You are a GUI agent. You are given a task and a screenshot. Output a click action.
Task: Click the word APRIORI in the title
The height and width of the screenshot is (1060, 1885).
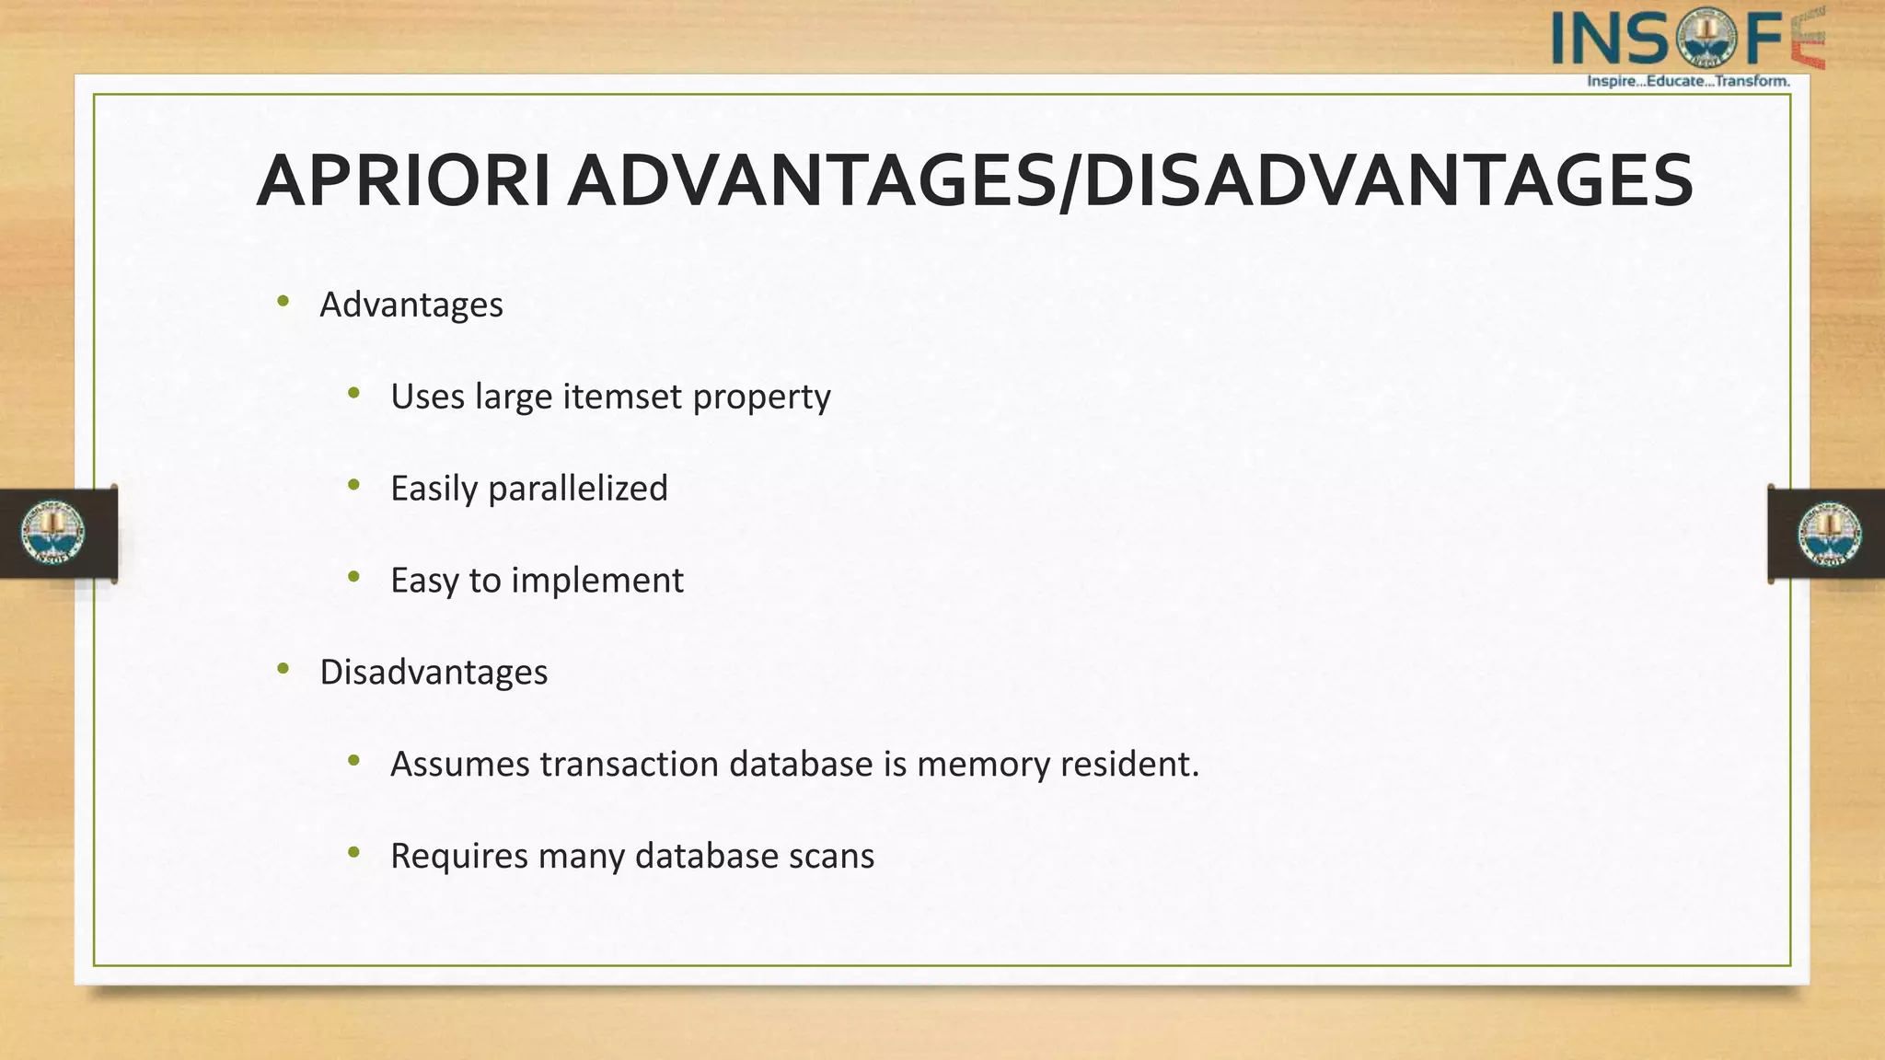tap(403, 181)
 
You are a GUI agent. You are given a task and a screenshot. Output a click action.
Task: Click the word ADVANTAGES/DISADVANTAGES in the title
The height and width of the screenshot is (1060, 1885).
tap(1129, 181)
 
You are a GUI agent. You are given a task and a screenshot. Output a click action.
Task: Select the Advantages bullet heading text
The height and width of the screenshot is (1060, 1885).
tap(411, 305)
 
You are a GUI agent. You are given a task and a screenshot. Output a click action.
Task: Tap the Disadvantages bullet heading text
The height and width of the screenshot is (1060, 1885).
tap(434, 673)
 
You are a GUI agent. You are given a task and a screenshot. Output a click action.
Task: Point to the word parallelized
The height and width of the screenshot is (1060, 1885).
tap(577, 489)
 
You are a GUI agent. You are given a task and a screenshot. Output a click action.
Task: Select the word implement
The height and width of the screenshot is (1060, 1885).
tap(596, 581)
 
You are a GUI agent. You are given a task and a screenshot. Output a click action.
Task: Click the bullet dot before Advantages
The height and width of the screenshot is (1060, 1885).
tap(283, 301)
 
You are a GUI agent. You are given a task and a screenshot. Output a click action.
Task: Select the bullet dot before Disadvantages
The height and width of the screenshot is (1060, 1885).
tap(283, 669)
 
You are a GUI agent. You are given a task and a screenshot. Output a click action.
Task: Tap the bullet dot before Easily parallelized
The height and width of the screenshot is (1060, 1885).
tap(353, 485)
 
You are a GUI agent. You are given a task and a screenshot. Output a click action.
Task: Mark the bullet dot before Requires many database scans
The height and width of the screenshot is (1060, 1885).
tap(353, 853)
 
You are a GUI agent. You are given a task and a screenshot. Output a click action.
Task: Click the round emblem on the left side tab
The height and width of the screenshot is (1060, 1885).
tap(53, 533)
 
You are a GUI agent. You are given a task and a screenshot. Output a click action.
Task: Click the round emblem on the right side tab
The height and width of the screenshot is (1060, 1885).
tap(1829, 534)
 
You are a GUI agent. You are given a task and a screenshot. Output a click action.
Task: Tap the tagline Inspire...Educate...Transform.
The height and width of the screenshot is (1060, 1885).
tap(1688, 81)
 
